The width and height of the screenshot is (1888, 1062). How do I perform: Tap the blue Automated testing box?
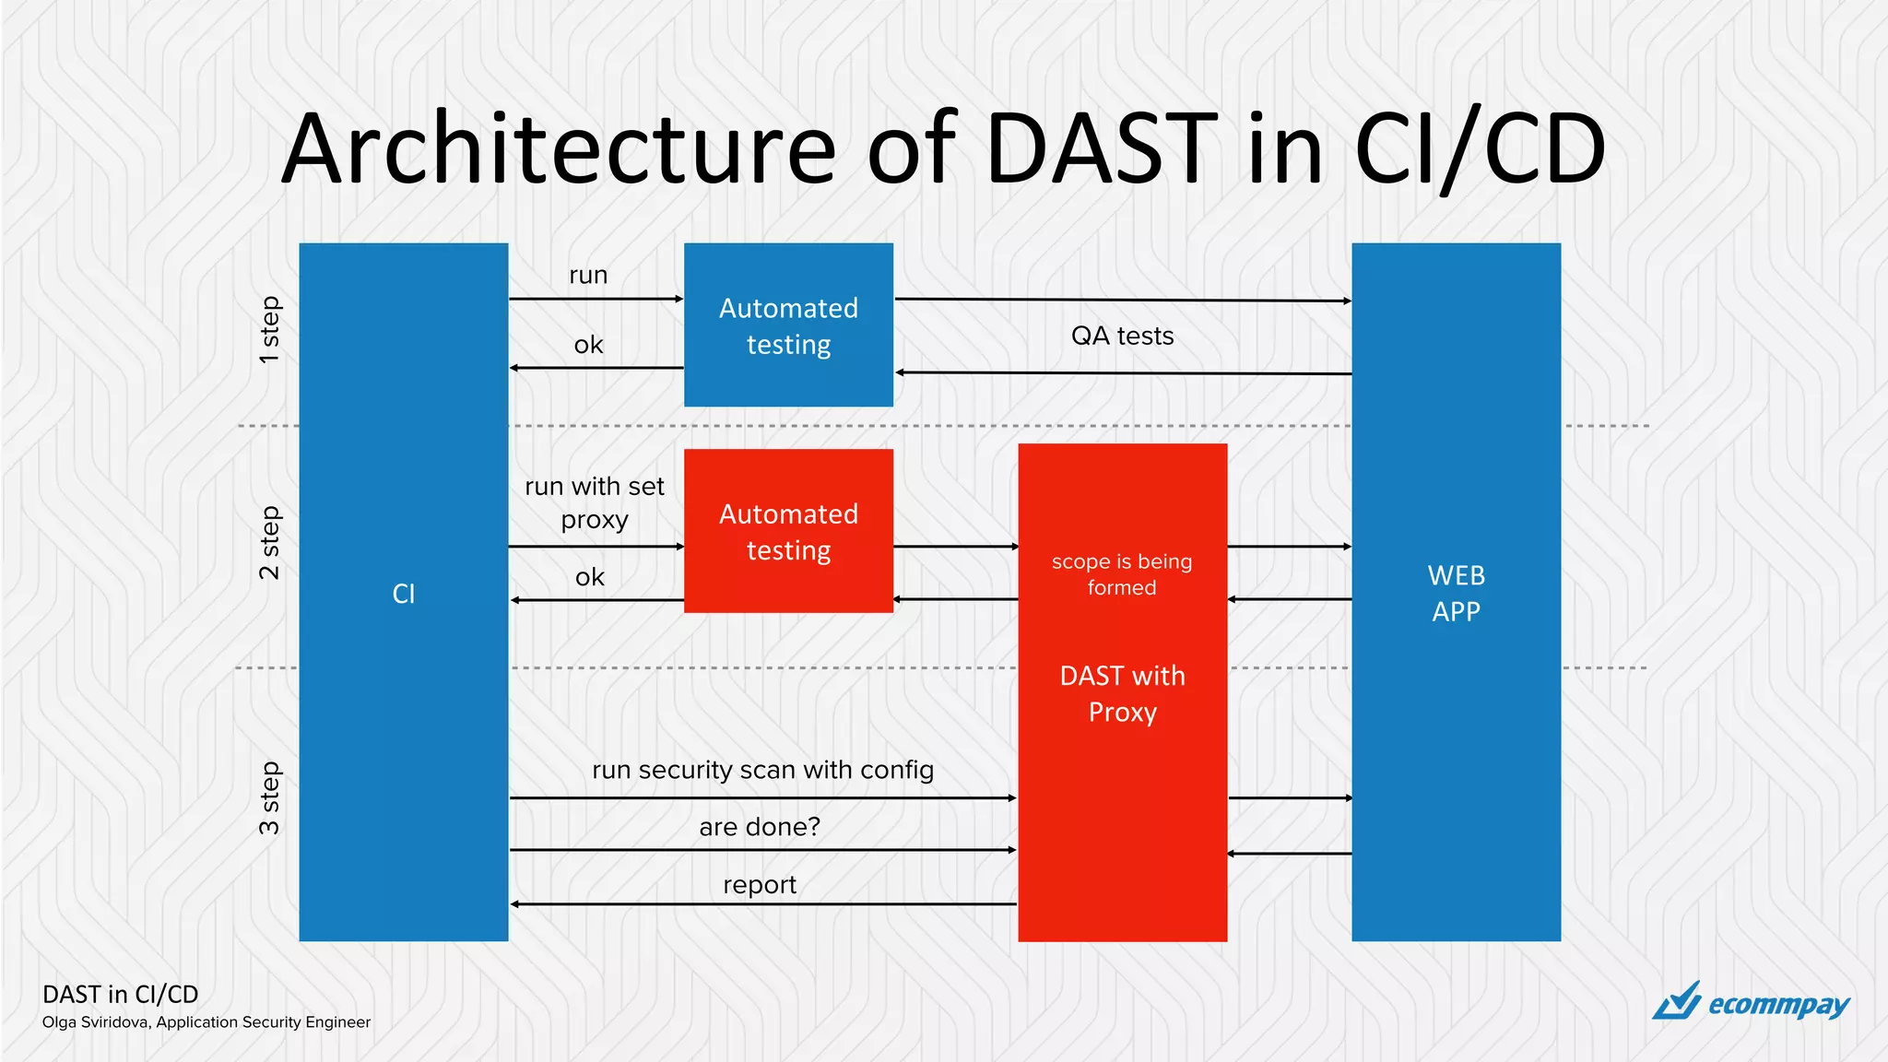[788, 324]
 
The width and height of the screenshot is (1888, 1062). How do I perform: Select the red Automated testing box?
[788, 531]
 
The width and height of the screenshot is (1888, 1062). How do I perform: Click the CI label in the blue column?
[404, 594]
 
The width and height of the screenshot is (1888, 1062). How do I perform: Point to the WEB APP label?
[1456, 593]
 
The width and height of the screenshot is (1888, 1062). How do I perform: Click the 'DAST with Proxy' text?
[1122, 693]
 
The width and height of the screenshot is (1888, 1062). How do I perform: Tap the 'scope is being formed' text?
[1122, 574]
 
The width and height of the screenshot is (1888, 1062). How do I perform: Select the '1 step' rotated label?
[268, 329]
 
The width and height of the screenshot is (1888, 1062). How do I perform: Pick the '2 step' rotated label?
[268, 542]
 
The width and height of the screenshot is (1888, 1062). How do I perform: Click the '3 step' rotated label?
[268, 798]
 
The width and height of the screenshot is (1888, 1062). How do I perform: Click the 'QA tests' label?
[1122, 336]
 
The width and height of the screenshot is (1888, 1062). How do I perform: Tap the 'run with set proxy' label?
[595, 502]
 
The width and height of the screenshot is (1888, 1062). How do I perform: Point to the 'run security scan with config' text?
[762, 770]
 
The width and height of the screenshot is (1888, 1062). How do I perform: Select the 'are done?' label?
[759, 827]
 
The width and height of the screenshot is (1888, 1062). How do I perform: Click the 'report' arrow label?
[759, 885]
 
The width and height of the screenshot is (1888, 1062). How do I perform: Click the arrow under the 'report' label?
[762, 904]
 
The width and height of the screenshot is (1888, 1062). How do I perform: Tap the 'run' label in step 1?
[588, 275]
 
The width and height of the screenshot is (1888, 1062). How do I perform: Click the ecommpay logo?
[1751, 1002]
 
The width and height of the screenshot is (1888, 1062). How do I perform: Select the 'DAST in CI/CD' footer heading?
[121, 994]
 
